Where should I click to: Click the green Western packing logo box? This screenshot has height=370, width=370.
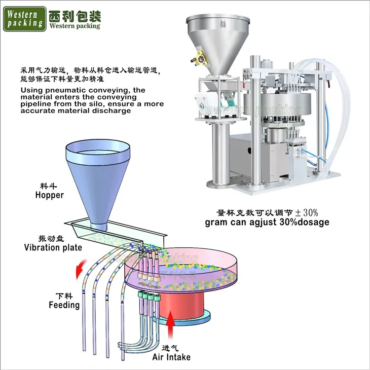pyautogui.click(x=24, y=18)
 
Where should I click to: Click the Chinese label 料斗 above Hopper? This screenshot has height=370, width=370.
pyautogui.click(x=49, y=186)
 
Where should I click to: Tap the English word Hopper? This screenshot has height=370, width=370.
pyautogui.click(x=49, y=195)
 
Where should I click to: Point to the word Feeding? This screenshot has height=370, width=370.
pyautogui.click(x=64, y=305)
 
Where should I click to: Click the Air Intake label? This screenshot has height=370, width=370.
pyautogui.click(x=171, y=357)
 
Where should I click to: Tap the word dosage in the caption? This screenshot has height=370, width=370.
pyautogui.click(x=313, y=222)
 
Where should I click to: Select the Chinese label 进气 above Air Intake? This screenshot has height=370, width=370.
pyautogui.click(x=171, y=348)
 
